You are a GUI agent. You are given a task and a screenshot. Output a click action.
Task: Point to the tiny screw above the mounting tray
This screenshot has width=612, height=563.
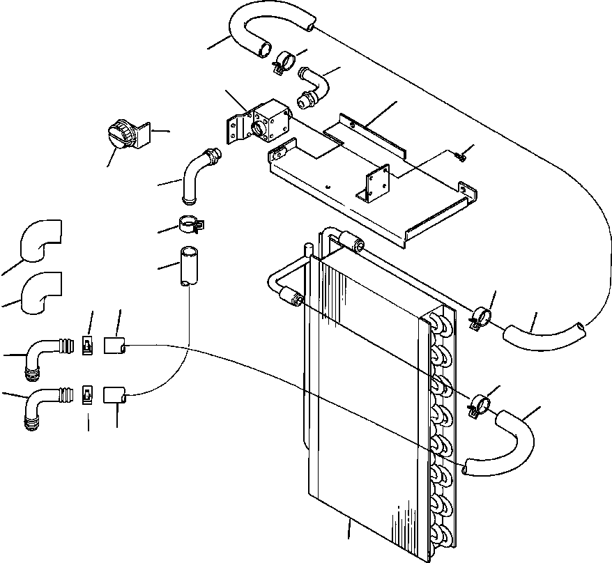click(x=461, y=157)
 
